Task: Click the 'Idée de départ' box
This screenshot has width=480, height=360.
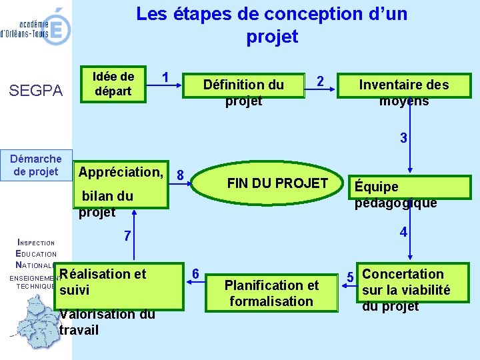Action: pos(113,85)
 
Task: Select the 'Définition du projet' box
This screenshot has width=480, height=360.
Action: pos(243,92)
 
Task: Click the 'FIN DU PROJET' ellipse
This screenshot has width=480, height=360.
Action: pos(277,183)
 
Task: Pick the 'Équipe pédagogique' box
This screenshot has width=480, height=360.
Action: pos(395,195)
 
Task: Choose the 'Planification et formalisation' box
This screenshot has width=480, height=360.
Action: pos(271,293)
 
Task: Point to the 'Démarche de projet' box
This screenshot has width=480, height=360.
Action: pos(36,165)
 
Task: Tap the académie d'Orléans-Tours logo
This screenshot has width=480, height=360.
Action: pos(37,27)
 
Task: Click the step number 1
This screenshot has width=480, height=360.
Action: pos(165,77)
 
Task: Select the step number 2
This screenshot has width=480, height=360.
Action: pos(321,81)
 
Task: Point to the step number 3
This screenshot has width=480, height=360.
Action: pos(403,139)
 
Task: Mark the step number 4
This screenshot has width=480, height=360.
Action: pos(403,233)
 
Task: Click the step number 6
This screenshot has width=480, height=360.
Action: pos(195,273)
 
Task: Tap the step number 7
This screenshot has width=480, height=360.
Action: pos(127,237)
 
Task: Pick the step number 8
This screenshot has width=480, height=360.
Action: pos(180,175)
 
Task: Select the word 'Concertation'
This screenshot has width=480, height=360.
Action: pos(402,274)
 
